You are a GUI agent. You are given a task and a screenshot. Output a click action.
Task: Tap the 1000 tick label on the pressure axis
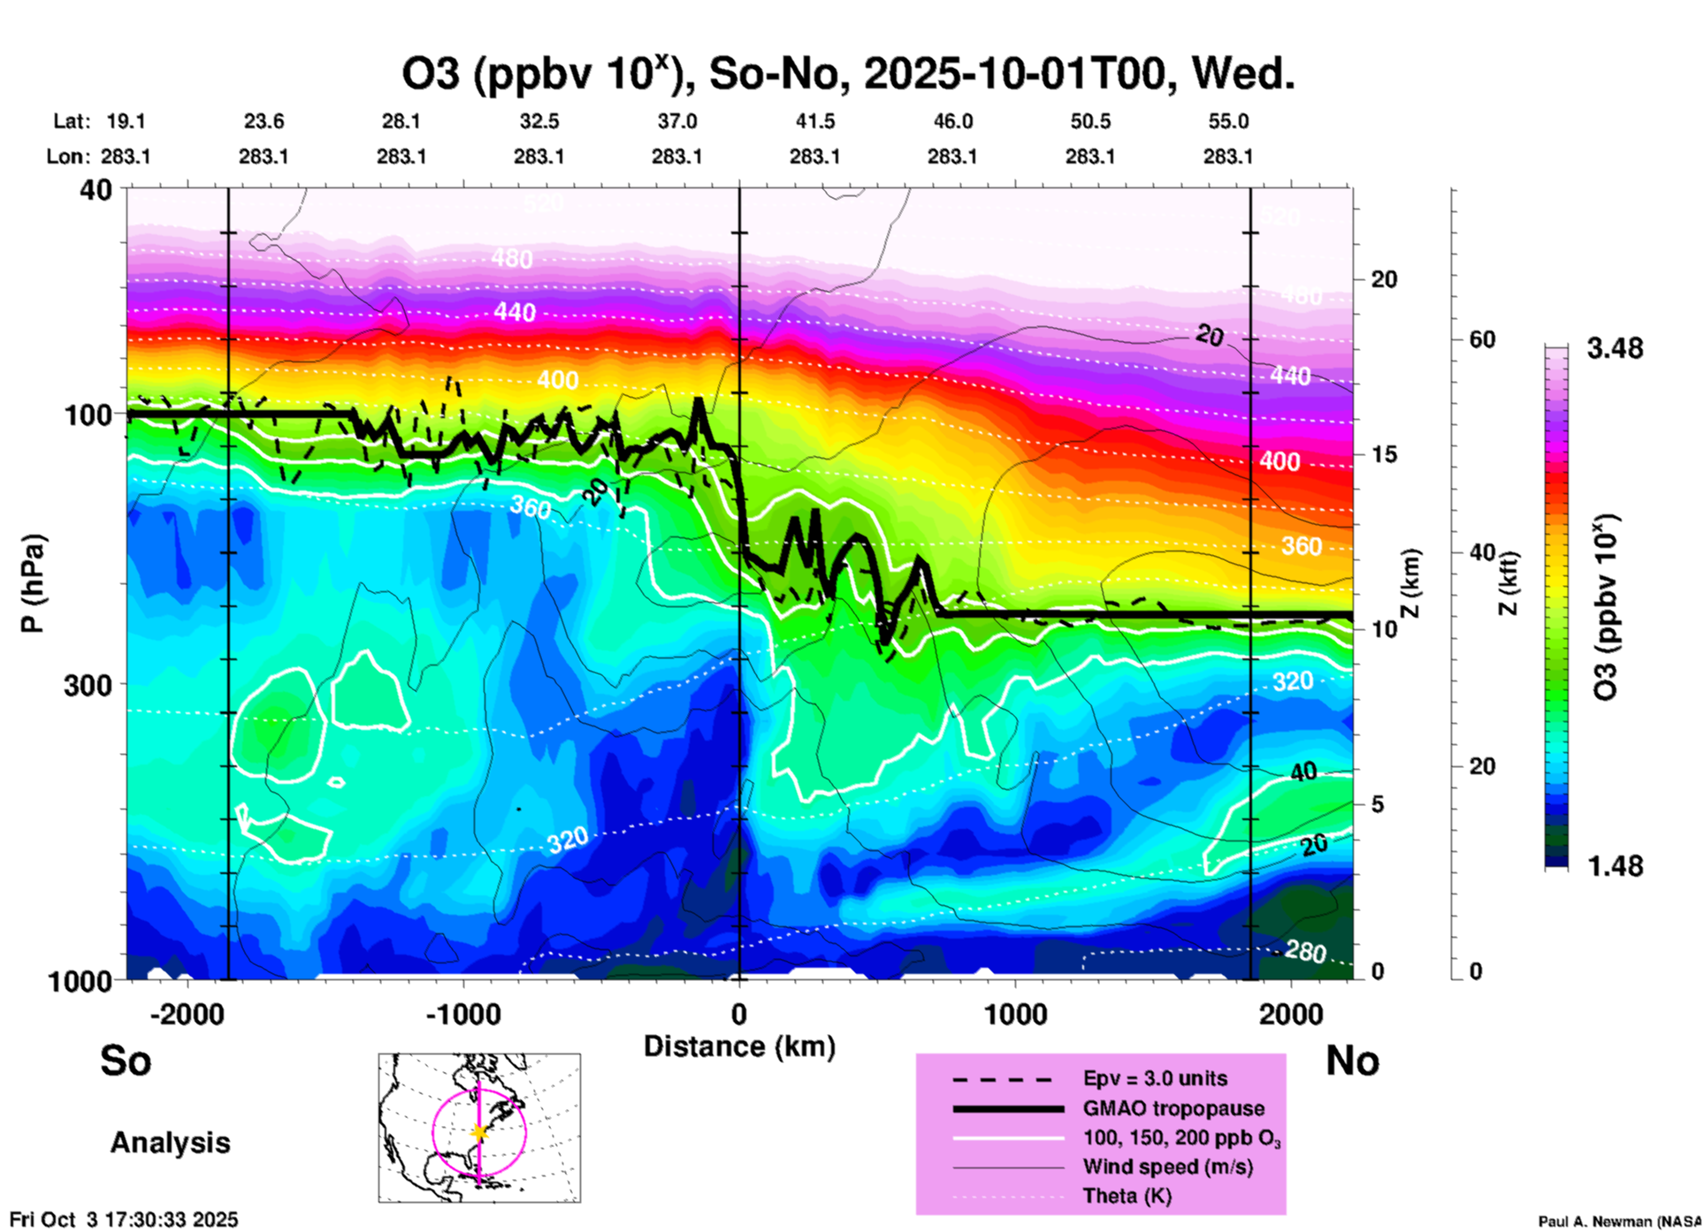[x=79, y=980]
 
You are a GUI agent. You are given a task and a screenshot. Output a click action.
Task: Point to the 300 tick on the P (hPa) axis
[x=88, y=684]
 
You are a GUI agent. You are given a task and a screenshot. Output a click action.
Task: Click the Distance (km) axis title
[x=739, y=1046]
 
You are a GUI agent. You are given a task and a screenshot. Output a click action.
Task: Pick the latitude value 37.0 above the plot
[x=676, y=121]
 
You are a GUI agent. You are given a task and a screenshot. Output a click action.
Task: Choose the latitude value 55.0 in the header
[x=1228, y=121]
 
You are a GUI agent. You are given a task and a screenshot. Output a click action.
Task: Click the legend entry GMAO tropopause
[x=1173, y=1108]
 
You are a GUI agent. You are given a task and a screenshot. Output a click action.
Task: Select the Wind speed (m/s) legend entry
[x=1167, y=1167]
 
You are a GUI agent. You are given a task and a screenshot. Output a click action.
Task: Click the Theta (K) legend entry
[x=1126, y=1196]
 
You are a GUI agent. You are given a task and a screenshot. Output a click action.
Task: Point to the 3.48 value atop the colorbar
[x=1615, y=349]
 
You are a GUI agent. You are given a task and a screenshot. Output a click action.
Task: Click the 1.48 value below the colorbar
[x=1615, y=866]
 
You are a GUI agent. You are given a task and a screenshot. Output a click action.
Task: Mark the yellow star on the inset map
[x=479, y=1132]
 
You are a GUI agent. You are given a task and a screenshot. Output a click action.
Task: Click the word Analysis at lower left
[x=170, y=1143]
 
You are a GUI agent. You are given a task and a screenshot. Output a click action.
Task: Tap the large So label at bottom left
[x=126, y=1061]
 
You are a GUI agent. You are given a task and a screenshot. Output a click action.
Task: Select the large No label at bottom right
[x=1352, y=1061]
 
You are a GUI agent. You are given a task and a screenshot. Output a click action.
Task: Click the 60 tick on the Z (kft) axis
[x=1482, y=339]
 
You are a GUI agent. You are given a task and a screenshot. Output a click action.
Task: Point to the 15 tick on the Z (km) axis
[x=1384, y=454]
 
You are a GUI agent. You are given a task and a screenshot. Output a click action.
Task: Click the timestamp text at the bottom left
[x=124, y=1220]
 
